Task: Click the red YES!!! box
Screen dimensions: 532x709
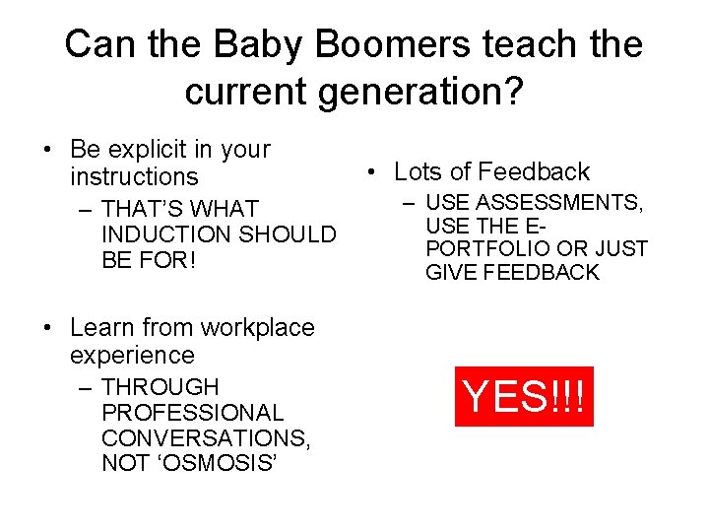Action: point(525,396)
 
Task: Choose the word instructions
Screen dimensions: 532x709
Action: point(134,177)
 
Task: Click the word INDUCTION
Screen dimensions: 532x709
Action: point(162,235)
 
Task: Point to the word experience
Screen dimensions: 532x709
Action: point(132,355)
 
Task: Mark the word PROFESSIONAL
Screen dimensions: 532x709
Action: point(192,413)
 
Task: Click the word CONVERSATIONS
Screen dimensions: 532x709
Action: point(205,437)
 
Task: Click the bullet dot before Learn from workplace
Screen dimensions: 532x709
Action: point(47,328)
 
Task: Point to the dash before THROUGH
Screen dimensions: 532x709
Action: point(86,388)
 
